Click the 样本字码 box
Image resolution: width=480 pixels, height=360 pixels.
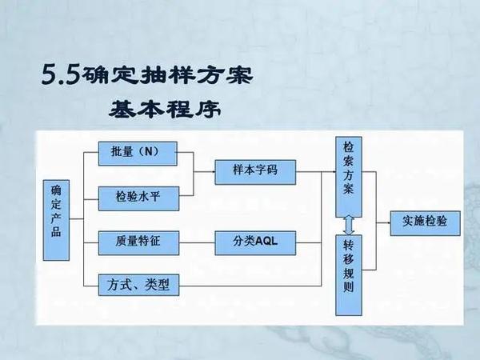pyautogui.click(x=254, y=171)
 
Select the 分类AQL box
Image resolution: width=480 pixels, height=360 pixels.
pyautogui.click(x=254, y=240)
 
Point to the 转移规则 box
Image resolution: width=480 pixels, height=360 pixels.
pyautogui.click(x=349, y=265)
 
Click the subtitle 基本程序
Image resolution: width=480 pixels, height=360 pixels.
pyautogui.click(x=163, y=110)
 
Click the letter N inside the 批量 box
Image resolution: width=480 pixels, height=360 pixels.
pyautogui.click(x=146, y=151)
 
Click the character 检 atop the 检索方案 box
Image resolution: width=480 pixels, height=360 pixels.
pyautogui.click(x=349, y=149)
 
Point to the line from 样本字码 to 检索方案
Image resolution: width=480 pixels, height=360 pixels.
pyautogui.click(x=314, y=171)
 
